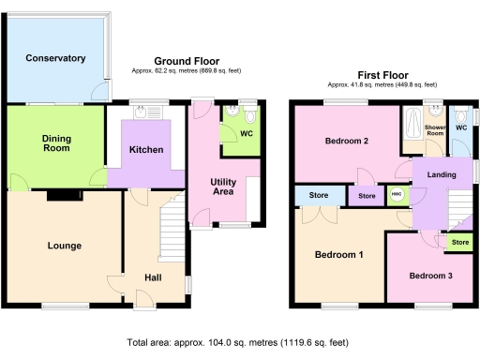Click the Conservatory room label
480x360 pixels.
coord(56,59)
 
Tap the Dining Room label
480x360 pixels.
coord(56,143)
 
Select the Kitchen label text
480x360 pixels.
coord(146,149)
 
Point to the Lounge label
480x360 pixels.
coord(64,246)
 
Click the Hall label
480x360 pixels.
coord(153,277)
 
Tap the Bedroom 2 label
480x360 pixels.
coord(346,142)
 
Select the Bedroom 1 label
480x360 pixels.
coord(338,255)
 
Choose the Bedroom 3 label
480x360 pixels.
coord(431,276)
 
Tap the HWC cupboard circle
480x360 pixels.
coord(396,196)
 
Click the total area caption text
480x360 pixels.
coord(238,343)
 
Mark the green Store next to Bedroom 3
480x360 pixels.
coord(459,243)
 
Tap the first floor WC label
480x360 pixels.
coord(460,127)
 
